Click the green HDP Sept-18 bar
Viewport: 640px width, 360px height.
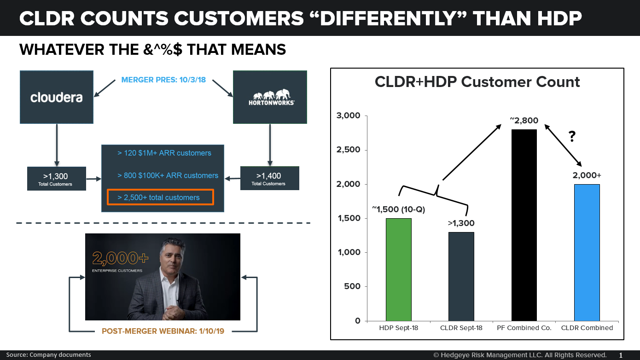coord(398,269)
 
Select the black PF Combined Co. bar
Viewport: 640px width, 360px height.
coord(524,225)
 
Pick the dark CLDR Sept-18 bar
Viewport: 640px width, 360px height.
coord(461,276)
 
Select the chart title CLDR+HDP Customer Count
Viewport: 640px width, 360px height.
coord(477,82)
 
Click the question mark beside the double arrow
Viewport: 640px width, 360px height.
coord(572,137)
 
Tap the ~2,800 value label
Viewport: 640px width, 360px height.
coord(524,120)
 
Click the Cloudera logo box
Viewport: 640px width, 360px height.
coord(56,97)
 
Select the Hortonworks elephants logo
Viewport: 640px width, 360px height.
coord(270,96)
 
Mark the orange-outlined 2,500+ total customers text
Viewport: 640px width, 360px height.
coord(160,197)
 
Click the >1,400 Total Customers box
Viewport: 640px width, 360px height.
coord(270,178)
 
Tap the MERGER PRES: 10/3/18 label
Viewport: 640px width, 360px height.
coord(163,80)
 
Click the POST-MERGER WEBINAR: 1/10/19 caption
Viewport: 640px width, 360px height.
coord(163,331)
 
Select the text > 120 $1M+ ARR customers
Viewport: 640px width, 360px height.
coord(164,153)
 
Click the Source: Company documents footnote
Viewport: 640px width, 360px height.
coord(48,355)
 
